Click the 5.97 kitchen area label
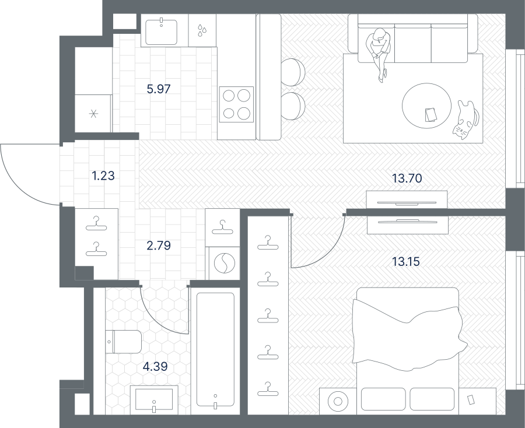point(159,89)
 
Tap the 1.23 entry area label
point(103,176)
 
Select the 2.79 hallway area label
point(159,245)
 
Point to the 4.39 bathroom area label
point(155,366)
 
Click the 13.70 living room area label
point(407,178)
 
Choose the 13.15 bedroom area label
point(406,261)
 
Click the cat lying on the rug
point(466,120)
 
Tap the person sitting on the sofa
point(379,54)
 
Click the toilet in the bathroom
point(124,342)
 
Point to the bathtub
point(215,349)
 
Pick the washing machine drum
point(225,263)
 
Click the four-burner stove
point(236,104)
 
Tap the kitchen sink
point(162,32)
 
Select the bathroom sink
point(154,398)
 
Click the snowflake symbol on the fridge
point(93,114)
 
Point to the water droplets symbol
point(202,30)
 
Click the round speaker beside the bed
point(338,401)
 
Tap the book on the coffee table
point(430,115)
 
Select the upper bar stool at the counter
point(293,72)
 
